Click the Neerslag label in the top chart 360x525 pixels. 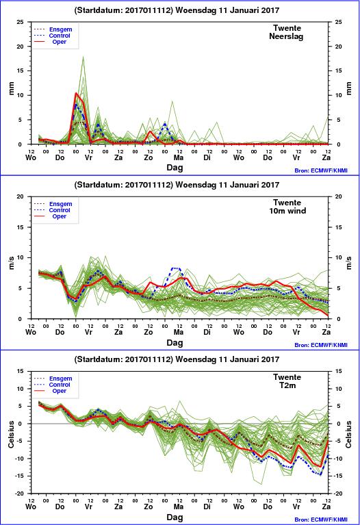(x=286, y=36)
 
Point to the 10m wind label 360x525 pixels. (x=287, y=211)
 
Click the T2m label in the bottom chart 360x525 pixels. (x=287, y=385)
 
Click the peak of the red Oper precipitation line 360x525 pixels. (x=76, y=93)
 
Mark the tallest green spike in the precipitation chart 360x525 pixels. (x=83, y=57)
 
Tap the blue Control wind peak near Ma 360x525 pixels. (x=176, y=268)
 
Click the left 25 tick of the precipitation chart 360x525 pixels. (x=21, y=22)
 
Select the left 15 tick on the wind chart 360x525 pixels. (x=21, y=227)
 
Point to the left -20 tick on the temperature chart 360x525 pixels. (x=19, y=494)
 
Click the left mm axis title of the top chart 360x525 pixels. (x=11, y=88)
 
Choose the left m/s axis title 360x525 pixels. (x=11, y=263)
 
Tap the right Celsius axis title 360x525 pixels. (x=348, y=434)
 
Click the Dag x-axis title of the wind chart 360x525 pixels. (x=175, y=342)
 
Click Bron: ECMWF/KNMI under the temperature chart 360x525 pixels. (x=321, y=520)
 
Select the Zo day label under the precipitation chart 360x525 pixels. (x=149, y=157)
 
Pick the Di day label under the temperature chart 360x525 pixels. (x=207, y=507)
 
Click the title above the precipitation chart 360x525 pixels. (x=177, y=10)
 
